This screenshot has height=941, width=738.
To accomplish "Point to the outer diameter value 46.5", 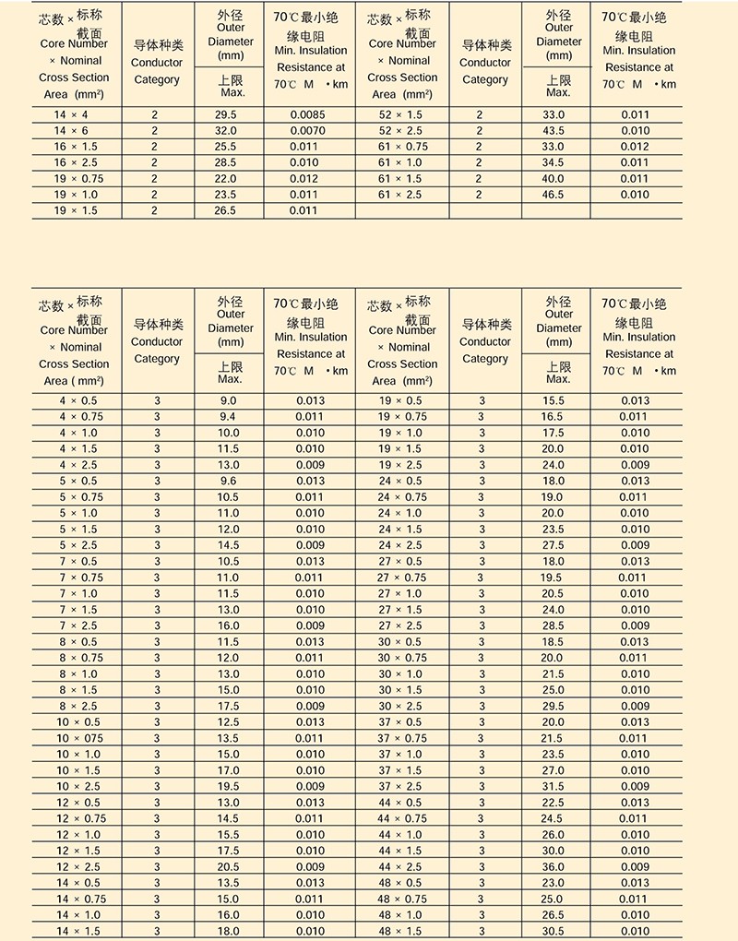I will pyautogui.click(x=552, y=195).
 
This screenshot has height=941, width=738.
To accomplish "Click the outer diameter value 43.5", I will pyautogui.click(x=552, y=131).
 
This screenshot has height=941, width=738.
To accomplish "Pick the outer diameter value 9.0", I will pyautogui.click(x=227, y=400).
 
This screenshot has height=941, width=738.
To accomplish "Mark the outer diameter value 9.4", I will pyautogui.click(x=227, y=417).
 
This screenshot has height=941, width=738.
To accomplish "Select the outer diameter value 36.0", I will pyautogui.click(x=552, y=867).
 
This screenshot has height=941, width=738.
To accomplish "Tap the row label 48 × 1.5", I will pyautogui.click(x=401, y=931).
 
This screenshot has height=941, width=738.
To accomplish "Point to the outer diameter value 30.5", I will pyautogui.click(x=552, y=931).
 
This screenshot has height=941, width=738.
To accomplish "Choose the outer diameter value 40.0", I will pyautogui.click(x=552, y=179).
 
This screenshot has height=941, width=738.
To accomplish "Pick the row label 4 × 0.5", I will pyautogui.click(x=78, y=400).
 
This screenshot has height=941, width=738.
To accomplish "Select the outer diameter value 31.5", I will pyautogui.click(x=552, y=787).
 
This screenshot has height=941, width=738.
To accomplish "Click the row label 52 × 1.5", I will pyautogui.click(x=401, y=114).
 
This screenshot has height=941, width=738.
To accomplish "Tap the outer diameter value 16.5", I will pyautogui.click(x=552, y=417).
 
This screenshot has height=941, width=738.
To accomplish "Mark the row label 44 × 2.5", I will pyautogui.click(x=401, y=867).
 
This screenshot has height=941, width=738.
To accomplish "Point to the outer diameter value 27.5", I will pyautogui.click(x=552, y=545).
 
